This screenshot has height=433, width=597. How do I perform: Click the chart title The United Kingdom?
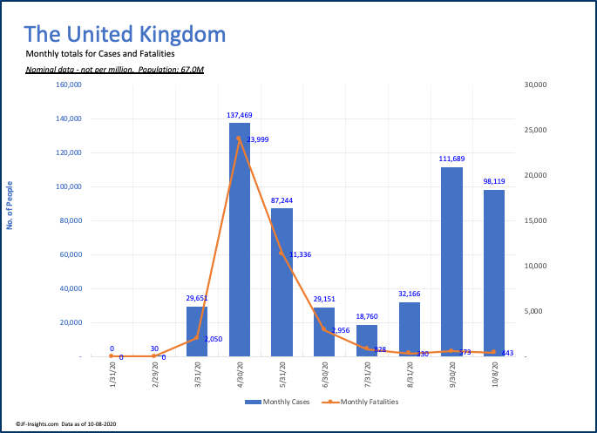(x=124, y=35)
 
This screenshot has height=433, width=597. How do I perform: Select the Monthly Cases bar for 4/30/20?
(x=240, y=240)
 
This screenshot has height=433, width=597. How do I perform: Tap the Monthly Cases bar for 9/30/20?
(x=451, y=261)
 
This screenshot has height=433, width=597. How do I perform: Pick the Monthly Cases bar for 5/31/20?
(x=282, y=282)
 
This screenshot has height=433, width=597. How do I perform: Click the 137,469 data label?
(x=240, y=115)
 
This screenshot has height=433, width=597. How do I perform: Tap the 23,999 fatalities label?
(x=256, y=139)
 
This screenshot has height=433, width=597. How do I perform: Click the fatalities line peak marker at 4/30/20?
(x=239, y=138)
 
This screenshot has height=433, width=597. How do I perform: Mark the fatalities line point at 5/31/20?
(x=282, y=254)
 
